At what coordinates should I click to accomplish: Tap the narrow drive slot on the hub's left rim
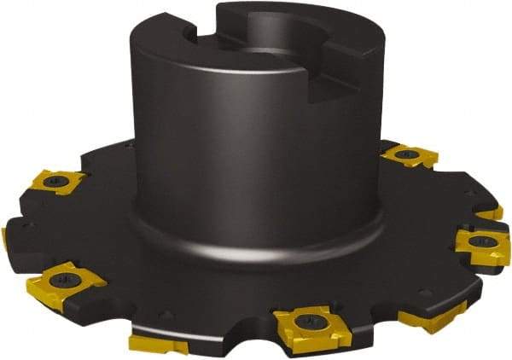pyautogui.click(x=203, y=32)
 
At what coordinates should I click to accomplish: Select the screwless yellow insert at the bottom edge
pyautogui.click(x=158, y=344)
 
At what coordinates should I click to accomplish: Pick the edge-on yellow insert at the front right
pyautogui.click(x=431, y=315)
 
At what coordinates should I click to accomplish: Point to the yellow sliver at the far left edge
pyautogui.click(x=4, y=238)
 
